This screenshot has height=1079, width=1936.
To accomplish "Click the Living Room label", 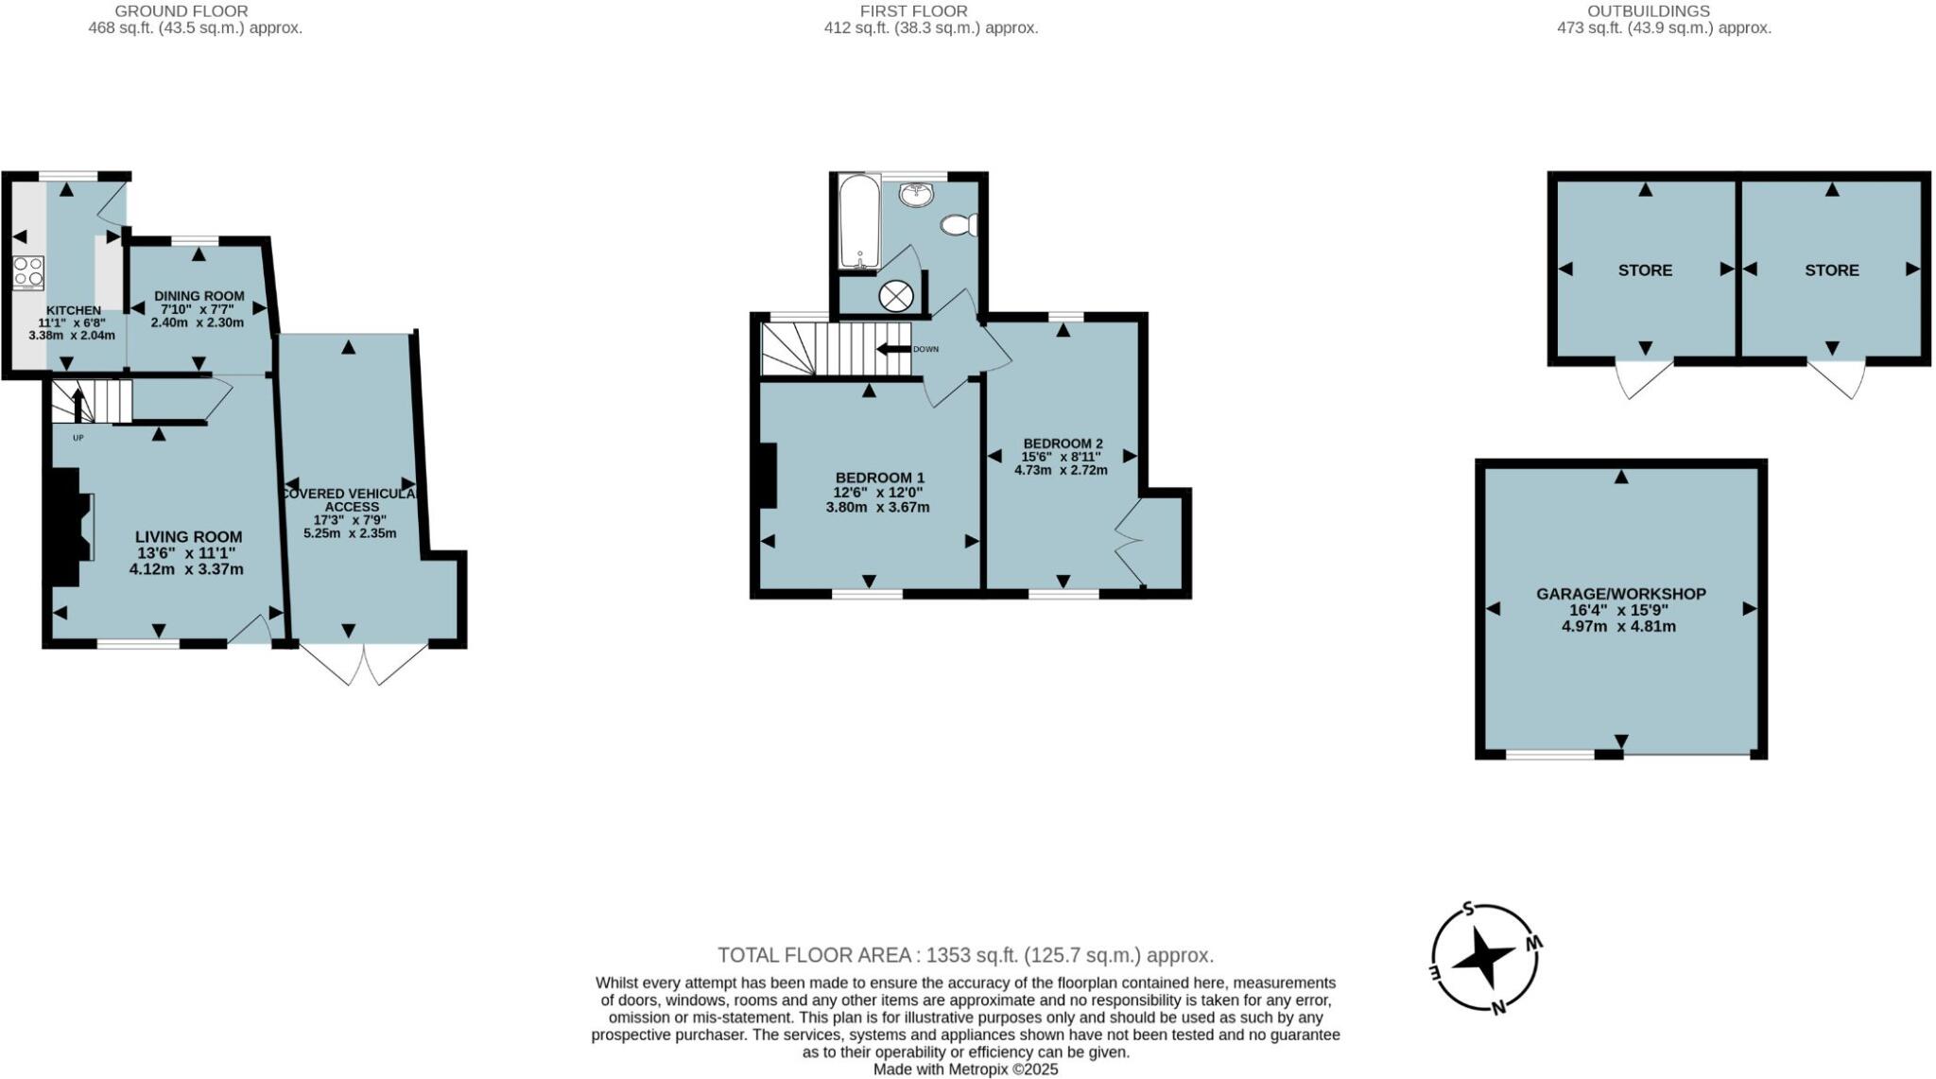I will [188, 536].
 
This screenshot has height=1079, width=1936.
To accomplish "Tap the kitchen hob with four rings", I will [28, 271].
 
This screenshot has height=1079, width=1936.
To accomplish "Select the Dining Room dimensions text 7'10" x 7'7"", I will [198, 309].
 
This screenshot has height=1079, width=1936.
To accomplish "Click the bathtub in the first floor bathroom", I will [859, 221].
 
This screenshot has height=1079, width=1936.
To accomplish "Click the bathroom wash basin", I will [916, 195].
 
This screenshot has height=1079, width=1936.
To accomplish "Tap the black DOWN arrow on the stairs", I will [892, 349].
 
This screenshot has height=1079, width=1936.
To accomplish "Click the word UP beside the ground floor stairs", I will [78, 438].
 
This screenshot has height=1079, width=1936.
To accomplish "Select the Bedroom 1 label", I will [879, 478].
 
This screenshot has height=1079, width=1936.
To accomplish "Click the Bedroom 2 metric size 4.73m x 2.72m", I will [1061, 469].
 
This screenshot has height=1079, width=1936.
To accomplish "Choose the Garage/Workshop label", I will [1620, 594].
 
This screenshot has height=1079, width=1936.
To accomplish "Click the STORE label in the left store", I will [1645, 270].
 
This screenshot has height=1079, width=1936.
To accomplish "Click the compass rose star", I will [1482, 959].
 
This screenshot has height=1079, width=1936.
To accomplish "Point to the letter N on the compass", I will [1497, 1007].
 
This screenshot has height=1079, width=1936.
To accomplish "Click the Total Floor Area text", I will [964, 955].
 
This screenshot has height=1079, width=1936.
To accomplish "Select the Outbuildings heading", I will [1662, 11].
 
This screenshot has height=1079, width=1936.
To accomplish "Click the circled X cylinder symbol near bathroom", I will [893, 296].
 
